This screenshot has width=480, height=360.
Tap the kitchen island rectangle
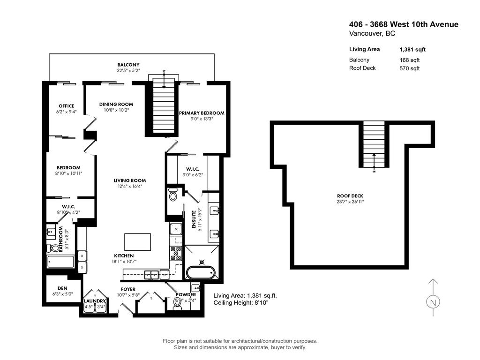click(x=137, y=242)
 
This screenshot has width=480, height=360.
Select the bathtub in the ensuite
click(x=200, y=272)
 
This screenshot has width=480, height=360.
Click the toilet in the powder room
click(x=178, y=304)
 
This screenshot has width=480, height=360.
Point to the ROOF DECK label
click(x=350, y=196)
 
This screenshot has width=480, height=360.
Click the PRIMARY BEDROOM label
click(x=202, y=113)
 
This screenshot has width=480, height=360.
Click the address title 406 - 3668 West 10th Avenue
click(x=404, y=25)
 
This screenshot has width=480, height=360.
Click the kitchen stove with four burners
click(x=176, y=253)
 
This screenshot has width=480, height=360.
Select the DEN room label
click(x=62, y=288)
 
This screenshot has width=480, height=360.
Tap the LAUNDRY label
click(x=95, y=301)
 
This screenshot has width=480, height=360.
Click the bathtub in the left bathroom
click(x=60, y=262)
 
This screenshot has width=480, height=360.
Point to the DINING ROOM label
click(x=116, y=104)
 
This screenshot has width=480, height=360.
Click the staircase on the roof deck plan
click(x=374, y=145)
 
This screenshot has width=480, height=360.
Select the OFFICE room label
click(x=66, y=106)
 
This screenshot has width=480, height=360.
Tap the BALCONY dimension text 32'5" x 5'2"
click(x=128, y=71)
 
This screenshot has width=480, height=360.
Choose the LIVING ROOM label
click(x=129, y=180)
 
